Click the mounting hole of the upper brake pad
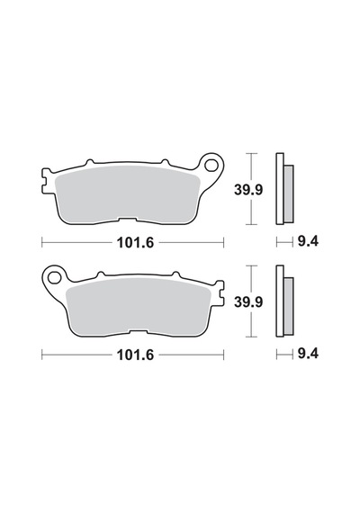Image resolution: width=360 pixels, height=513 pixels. coord(211,166)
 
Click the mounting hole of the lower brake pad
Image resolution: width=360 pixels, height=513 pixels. coord(54,278)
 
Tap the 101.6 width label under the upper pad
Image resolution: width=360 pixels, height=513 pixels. coord(135,243)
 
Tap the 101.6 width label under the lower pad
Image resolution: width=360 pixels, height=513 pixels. coord(135,355)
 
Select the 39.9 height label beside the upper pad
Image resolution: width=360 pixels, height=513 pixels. coord(248,190)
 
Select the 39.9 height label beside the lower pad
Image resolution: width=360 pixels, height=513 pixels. coord(248,301)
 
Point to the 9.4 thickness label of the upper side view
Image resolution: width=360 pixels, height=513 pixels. coord(308,242)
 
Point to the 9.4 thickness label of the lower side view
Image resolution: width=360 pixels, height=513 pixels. coord(308,354)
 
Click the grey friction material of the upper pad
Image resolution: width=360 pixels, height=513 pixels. coord(127,194)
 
